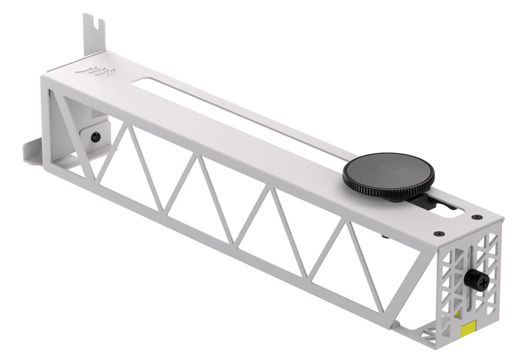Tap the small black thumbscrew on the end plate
click(x=475, y=279)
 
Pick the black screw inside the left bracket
click(x=96, y=137)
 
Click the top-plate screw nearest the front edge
click(x=439, y=233)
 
